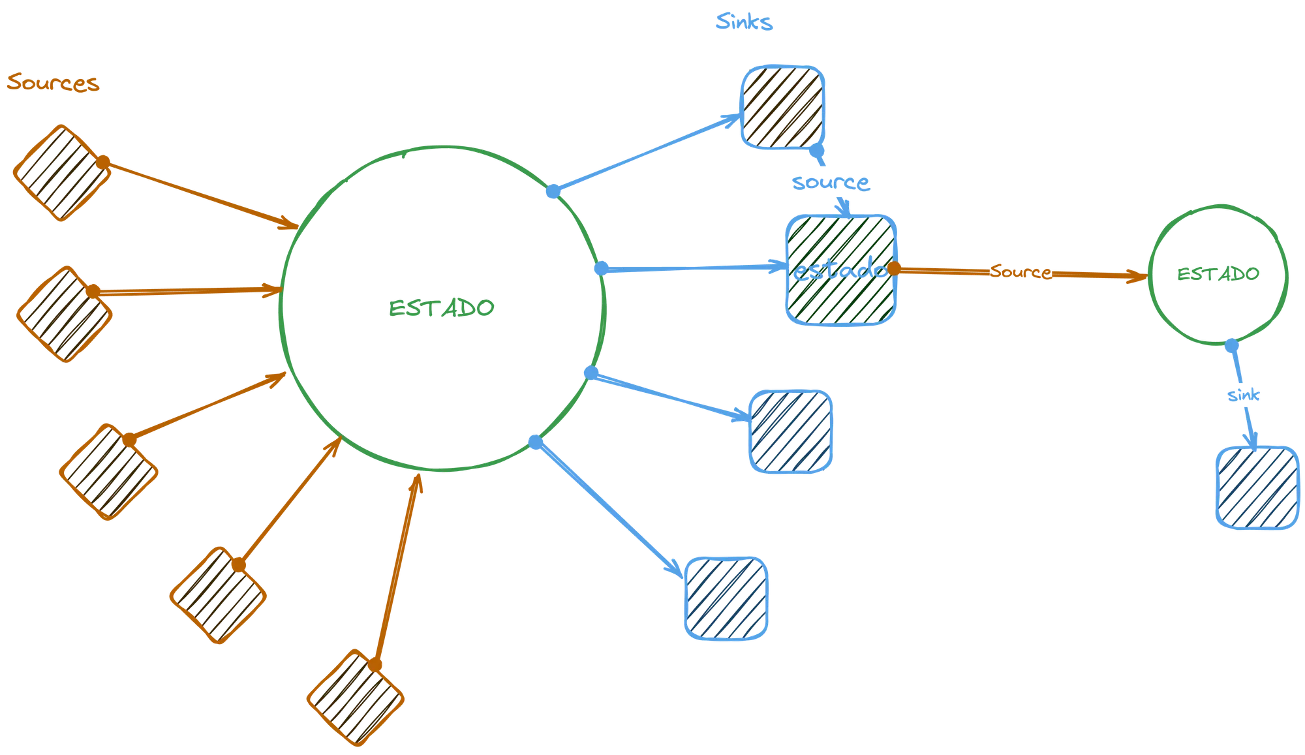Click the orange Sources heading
pyautogui.click(x=53, y=83)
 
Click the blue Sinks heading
pyautogui.click(x=744, y=22)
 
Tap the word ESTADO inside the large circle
pyautogui.click(x=441, y=308)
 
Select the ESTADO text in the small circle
pyautogui.click(x=1218, y=274)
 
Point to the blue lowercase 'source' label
pyautogui.click(x=831, y=183)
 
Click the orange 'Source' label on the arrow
pyautogui.click(x=1021, y=271)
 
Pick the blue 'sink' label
pyautogui.click(x=1243, y=395)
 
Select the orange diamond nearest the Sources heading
pyautogui.click(x=62, y=173)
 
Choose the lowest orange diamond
pyautogui.click(x=356, y=698)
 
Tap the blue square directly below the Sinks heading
pyautogui.click(x=783, y=107)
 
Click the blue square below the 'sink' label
pyautogui.click(x=1257, y=487)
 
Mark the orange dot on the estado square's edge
pyautogui.click(x=894, y=268)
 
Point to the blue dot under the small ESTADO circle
pyautogui.click(x=1231, y=345)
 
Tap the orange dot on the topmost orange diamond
pyautogui.click(x=102, y=162)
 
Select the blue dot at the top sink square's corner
pyautogui.click(x=816, y=151)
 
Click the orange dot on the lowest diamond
pyautogui.click(x=375, y=665)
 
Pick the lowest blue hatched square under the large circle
pyautogui.click(x=726, y=598)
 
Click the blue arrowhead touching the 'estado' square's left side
pyautogui.click(x=780, y=266)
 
